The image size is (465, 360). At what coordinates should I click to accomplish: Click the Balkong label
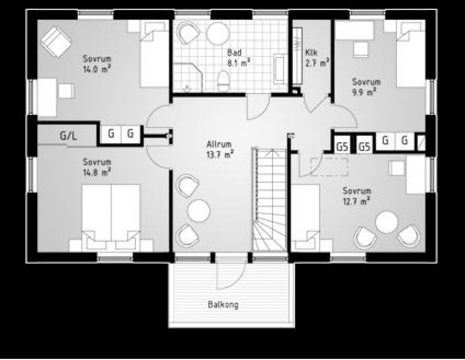click(223, 305)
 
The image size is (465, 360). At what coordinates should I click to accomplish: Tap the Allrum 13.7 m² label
click(220, 150)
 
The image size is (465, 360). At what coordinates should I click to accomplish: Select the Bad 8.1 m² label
click(238, 58)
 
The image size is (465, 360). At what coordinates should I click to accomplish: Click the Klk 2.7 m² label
click(317, 58)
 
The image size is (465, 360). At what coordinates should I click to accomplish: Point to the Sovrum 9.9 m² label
click(366, 87)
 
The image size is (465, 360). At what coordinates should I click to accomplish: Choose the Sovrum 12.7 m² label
click(356, 196)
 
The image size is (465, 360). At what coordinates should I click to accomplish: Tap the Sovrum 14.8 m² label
click(97, 167)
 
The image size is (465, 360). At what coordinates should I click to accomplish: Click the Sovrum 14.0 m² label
click(97, 63)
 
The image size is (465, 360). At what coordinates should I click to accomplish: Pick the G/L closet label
click(68, 136)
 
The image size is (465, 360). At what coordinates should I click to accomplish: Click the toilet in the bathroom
click(223, 81)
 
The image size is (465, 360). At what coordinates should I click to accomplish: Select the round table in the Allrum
click(198, 211)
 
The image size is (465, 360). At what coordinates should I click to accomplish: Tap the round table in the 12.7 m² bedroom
click(387, 222)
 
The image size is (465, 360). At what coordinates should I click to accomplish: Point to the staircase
click(270, 200)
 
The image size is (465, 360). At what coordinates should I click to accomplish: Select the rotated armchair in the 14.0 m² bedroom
click(56, 42)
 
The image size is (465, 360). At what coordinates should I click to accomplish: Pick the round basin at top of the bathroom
click(218, 33)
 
